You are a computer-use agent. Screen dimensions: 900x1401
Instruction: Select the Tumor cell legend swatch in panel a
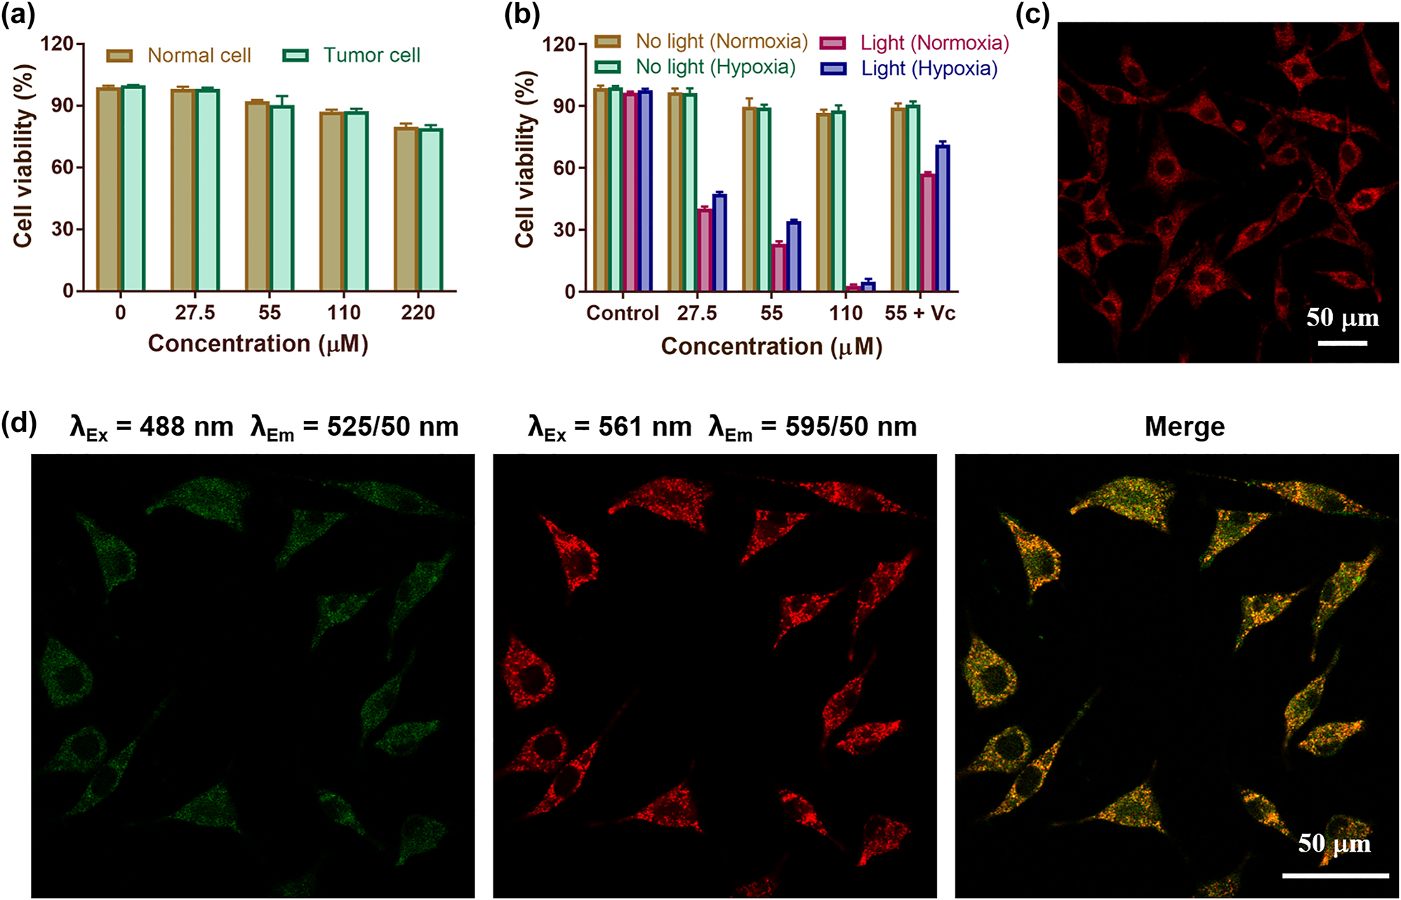tap(296, 55)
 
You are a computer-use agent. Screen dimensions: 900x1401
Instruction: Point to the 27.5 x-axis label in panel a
tap(194, 312)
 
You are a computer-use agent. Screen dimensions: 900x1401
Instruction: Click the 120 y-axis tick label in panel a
tap(57, 43)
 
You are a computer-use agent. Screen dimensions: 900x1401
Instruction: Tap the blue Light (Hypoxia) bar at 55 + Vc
tap(942, 217)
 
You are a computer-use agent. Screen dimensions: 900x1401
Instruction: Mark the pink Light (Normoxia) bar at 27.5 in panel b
tap(704, 250)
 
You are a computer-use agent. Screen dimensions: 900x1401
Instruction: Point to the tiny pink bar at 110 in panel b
tap(853, 288)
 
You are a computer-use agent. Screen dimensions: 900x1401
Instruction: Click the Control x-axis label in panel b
tap(622, 313)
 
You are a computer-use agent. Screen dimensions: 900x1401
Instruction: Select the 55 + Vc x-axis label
tap(919, 313)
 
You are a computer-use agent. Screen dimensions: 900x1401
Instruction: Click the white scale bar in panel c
tap(1342, 343)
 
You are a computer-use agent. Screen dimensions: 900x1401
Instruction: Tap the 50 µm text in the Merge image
tap(1334, 843)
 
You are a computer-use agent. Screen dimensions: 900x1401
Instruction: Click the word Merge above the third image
tap(1184, 427)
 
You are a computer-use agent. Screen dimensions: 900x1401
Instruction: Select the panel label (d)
tap(19, 424)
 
